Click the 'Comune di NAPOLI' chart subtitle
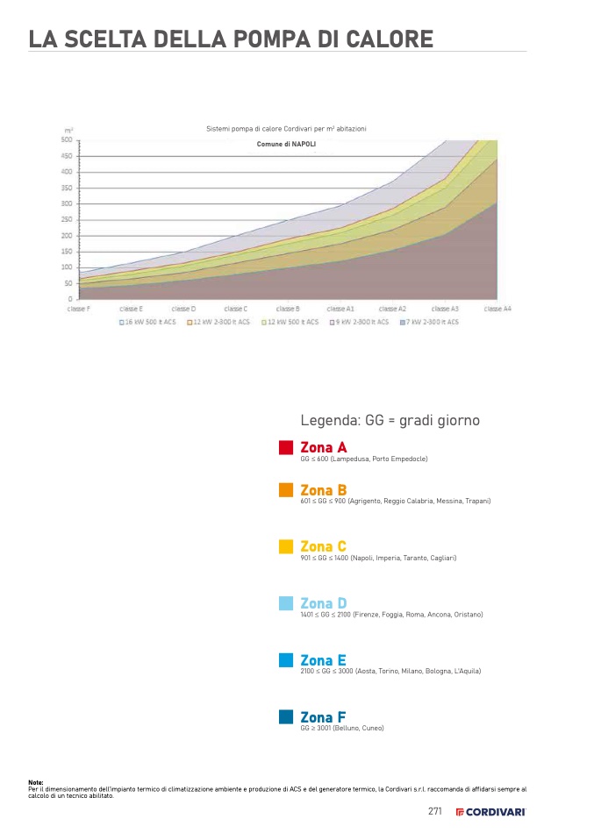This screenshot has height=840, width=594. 286,143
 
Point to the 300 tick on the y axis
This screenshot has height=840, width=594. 67,203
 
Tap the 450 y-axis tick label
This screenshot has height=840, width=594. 67,156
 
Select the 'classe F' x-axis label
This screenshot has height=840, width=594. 79,309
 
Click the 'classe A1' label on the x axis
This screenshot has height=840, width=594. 340,309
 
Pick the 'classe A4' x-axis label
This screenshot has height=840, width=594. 497,309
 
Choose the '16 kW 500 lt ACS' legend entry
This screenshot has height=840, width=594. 150,322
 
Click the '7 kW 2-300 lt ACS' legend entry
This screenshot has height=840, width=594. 431,322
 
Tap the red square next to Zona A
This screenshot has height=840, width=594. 286,448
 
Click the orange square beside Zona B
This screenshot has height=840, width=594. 286,490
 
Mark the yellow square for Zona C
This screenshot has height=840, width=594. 286,547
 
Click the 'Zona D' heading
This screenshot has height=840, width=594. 324,603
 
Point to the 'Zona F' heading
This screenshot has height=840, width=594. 323,717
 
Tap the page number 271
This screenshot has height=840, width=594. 435,811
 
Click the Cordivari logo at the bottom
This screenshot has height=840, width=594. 490,812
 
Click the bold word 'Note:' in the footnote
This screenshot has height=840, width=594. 36,782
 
